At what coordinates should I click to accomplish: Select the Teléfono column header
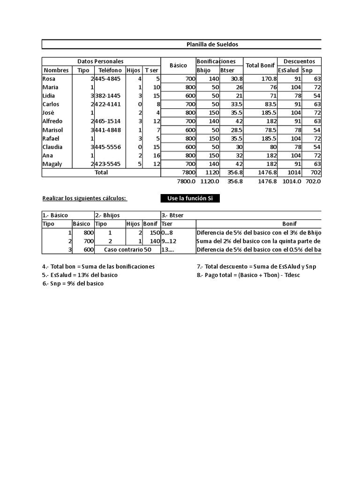[x=110, y=70]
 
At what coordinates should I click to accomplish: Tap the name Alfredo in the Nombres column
[x=52, y=121]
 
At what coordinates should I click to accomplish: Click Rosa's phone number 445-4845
[x=109, y=79]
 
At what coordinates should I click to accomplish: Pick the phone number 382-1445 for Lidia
[x=109, y=96]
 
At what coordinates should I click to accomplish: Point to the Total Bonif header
[x=260, y=66]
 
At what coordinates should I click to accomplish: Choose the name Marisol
[x=52, y=130]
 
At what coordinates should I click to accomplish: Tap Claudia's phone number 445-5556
[x=109, y=147]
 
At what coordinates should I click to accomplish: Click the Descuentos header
[x=300, y=61]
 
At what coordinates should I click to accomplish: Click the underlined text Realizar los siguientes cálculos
[x=84, y=199]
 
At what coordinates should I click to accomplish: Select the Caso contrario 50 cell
[x=127, y=250]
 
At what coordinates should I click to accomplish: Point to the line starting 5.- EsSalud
[x=80, y=275]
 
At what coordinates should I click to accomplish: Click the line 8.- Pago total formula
[x=248, y=275]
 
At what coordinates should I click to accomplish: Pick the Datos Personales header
[x=101, y=61]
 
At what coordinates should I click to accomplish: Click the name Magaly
[x=52, y=164]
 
